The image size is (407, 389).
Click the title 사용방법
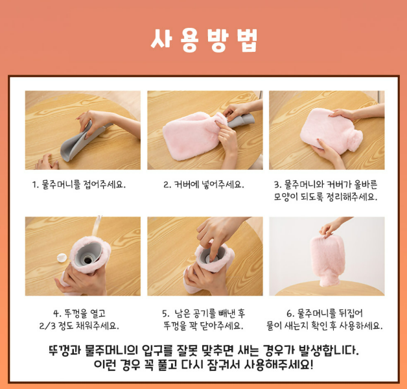204,40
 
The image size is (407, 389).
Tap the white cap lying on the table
62,258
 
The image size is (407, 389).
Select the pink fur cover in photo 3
331,129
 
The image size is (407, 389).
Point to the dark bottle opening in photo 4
88,259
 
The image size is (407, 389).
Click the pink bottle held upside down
327,260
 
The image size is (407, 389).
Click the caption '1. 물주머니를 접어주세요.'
79,185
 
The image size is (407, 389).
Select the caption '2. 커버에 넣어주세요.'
203,185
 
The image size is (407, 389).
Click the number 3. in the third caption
278,185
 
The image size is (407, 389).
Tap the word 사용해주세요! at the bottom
279,365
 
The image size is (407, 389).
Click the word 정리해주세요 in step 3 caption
351,197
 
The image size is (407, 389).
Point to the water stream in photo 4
97,226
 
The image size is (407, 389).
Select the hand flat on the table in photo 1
47,162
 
